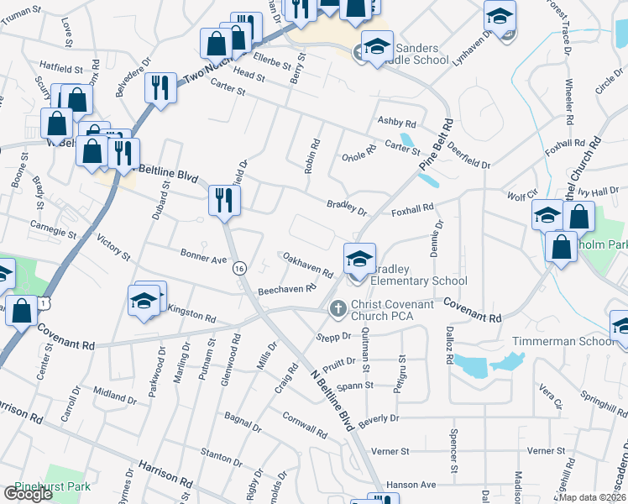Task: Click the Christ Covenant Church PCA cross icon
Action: [x=338, y=309]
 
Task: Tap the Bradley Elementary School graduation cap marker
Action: [x=358, y=260]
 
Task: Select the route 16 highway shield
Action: [x=240, y=268]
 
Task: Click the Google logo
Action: [x=28, y=494]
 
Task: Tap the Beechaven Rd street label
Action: [x=286, y=289]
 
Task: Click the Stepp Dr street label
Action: [x=333, y=337]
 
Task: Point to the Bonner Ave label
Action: [x=203, y=256]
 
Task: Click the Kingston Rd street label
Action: [x=191, y=314]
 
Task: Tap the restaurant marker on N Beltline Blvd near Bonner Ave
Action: [x=224, y=201]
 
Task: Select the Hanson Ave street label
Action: [x=411, y=485]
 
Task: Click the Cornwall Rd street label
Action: [x=303, y=427]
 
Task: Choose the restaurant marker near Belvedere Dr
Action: [x=160, y=88]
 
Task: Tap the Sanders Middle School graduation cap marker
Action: [x=377, y=49]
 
